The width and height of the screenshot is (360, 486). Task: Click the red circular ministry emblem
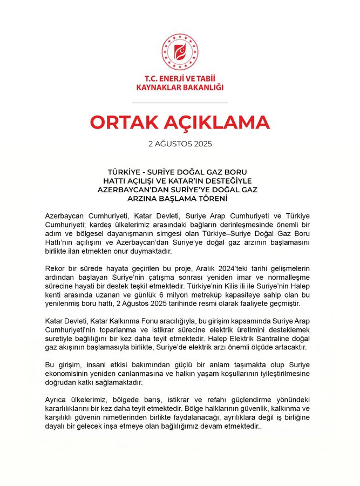click(x=179, y=52)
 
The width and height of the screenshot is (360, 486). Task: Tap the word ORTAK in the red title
click(x=125, y=123)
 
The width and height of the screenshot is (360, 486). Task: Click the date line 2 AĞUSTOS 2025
click(x=180, y=145)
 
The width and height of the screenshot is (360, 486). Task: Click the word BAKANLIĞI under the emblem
click(x=201, y=87)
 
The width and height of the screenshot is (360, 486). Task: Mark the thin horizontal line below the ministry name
click(x=180, y=102)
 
